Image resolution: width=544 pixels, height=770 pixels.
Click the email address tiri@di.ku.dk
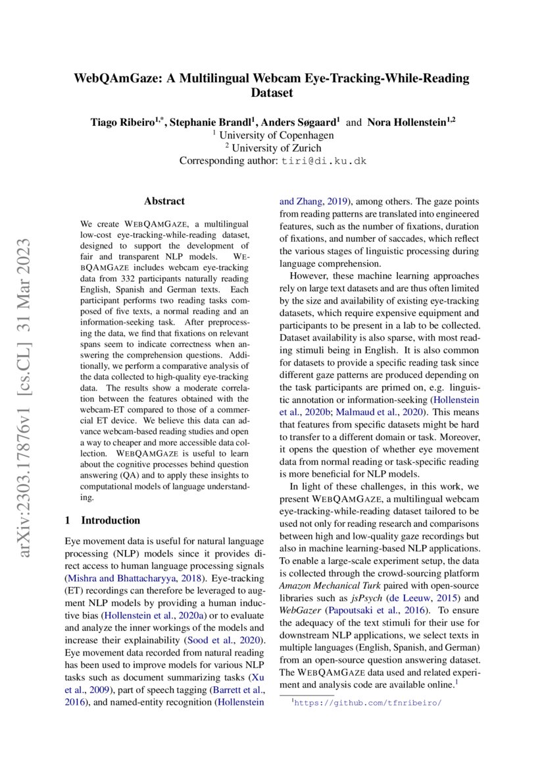[324, 161]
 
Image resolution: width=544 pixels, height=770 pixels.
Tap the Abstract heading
[164, 201]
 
